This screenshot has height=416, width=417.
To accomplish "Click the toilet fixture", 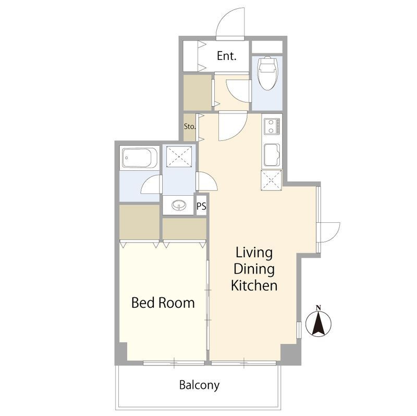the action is [268, 73].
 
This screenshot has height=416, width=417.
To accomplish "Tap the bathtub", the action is [140, 158].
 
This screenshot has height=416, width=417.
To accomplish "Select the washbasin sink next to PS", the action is [178, 205].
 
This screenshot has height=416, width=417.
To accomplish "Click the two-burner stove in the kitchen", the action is [272, 126].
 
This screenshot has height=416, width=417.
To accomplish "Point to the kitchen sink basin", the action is [272, 155].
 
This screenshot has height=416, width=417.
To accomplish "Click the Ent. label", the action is [227, 56].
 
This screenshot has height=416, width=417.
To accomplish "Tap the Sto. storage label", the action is [190, 127].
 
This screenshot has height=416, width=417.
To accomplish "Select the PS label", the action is [201, 206].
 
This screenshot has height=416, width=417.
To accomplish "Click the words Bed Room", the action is [163, 303].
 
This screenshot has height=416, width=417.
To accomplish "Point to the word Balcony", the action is [200, 385].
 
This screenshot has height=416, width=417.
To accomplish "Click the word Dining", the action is [254, 269].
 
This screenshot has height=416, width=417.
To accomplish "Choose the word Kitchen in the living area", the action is [254, 285].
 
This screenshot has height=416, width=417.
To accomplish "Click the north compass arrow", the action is [318, 323].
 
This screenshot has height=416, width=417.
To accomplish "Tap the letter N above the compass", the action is [318, 308].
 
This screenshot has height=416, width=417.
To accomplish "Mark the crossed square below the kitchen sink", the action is [271, 180].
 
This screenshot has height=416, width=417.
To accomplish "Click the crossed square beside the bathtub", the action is [179, 157].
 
